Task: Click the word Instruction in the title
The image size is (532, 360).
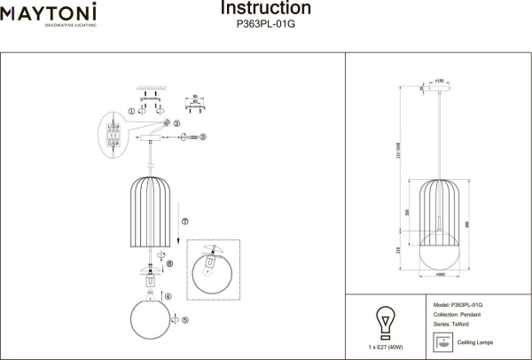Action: [x=265, y=9]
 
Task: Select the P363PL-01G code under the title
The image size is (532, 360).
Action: [x=265, y=26]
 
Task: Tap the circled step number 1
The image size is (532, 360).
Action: [x=132, y=112]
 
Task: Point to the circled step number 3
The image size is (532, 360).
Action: [x=203, y=137]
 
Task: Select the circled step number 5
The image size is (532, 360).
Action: [x=185, y=319]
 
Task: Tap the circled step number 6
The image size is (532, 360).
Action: [x=170, y=262]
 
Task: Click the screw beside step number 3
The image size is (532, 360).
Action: [x=187, y=137]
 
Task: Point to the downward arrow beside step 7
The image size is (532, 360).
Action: [x=178, y=239]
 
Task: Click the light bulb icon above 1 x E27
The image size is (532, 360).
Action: [x=385, y=321]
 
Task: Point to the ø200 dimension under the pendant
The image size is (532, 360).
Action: [x=441, y=276]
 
